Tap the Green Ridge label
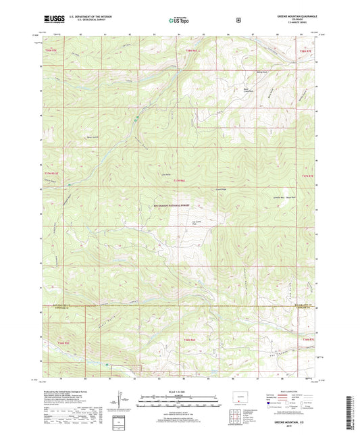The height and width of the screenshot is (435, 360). (220, 189)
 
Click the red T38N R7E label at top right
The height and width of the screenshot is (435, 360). (305, 51)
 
